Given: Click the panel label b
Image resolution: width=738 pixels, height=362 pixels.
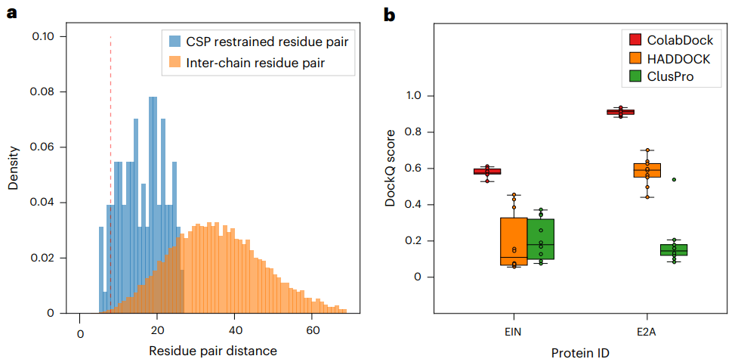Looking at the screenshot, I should coord(389,14).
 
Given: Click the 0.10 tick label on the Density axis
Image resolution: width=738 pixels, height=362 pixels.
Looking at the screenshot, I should coord(51,36).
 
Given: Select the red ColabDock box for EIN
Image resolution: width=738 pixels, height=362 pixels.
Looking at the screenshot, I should coord(487,172).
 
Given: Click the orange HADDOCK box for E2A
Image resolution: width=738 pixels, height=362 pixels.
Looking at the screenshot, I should coord(647,170).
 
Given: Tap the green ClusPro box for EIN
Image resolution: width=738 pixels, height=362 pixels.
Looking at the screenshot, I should coord(541,239).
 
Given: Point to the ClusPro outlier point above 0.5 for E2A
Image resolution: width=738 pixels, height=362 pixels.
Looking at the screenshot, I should coord(674,180).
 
